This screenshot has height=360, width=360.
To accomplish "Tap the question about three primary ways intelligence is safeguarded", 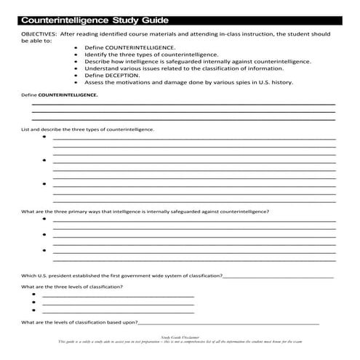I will tap(145, 212).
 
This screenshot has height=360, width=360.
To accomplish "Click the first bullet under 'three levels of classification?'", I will tap(34, 297).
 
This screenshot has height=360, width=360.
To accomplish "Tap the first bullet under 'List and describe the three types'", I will tap(44, 137).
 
